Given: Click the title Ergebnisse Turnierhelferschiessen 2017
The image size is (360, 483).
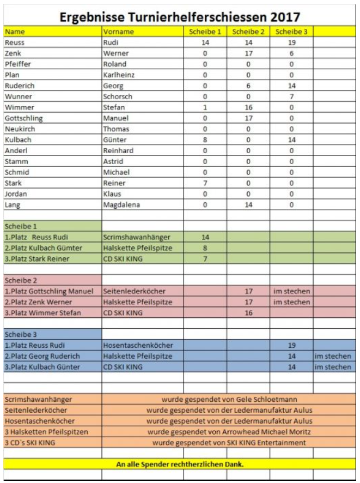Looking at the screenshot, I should (180, 17).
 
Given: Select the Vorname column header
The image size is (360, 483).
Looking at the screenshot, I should (118, 32).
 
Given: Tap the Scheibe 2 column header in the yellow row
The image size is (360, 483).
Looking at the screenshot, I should (248, 32).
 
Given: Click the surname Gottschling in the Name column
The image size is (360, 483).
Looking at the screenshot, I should (23, 118).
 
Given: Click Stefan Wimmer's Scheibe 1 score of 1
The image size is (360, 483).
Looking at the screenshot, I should (205, 107).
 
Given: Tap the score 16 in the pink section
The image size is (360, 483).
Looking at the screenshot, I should (248, 312).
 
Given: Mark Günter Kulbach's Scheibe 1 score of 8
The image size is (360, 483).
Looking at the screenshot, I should (205, 140).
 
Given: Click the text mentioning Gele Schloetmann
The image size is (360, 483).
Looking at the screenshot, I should (229, 399).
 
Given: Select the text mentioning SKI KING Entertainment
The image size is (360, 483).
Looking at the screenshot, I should (229, 442).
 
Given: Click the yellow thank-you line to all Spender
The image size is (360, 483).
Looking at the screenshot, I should (180, 464).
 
